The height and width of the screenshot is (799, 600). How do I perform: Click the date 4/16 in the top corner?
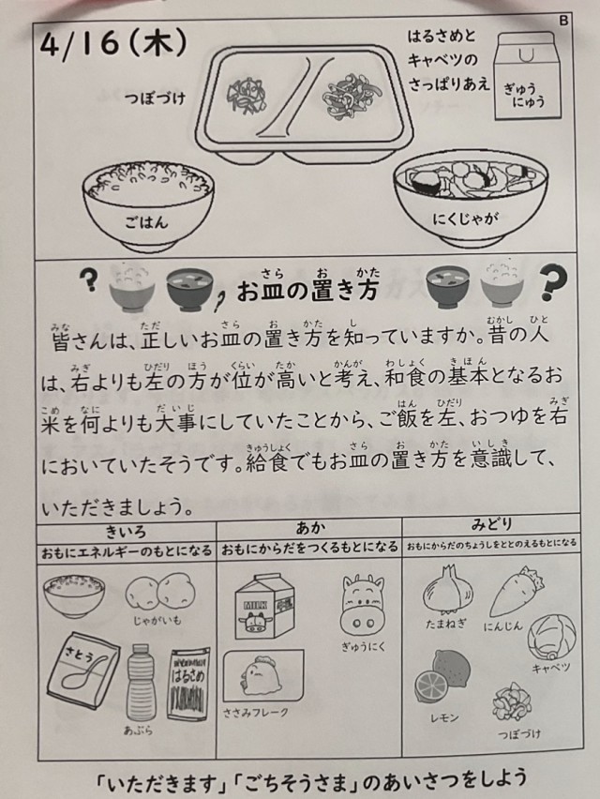point(80,45)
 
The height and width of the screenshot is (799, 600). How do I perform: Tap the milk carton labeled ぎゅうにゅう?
point(527,76)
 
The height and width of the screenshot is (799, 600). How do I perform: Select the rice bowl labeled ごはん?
point(148,205)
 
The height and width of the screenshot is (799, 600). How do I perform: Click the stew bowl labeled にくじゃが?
point(470,200)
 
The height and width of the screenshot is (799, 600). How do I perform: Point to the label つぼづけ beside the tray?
point(155,98)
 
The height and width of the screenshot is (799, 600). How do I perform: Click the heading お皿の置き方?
point(307,289)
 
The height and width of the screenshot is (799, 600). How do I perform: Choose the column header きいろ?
point(126,533)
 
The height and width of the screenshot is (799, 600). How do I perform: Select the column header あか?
point(310,528)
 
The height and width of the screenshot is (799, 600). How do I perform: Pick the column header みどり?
point(491,524)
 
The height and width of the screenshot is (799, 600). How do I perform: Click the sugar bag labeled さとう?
point(83,671)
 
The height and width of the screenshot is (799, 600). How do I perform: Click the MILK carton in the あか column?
point(264,606)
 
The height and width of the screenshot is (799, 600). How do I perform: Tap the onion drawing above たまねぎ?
point(448,591)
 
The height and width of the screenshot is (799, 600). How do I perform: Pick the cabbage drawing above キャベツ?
point(551,638)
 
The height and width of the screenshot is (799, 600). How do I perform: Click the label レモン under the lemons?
point(444,718)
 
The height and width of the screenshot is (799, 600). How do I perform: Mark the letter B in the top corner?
point(563,21)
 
